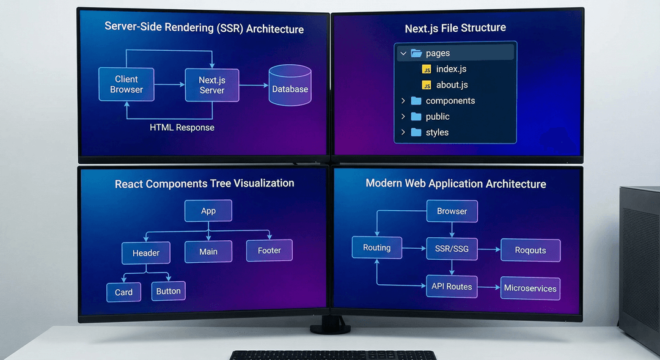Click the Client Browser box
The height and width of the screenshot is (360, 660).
(127, 84)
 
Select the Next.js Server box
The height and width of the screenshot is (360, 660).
(212, 85)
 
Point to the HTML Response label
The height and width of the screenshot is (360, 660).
(182, 128)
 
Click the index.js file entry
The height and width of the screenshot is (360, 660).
(451, 69)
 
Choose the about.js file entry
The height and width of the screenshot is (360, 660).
(452, 85)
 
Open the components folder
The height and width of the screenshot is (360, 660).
(450, 101)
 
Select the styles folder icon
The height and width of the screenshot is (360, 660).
(416, 132)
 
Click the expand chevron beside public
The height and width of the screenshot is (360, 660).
(403, 116)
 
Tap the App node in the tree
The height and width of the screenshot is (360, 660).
(208, 211)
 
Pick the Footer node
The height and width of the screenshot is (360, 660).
(269, 250)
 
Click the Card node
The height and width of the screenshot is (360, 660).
(123, 292)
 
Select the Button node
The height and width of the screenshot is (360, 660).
(168, 291)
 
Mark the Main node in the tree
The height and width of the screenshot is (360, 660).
(208, 251)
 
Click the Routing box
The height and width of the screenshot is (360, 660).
(376, 248)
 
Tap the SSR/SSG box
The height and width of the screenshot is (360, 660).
(452, 249)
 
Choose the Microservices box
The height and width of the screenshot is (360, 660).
(530, 288)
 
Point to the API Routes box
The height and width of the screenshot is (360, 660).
(452, 286)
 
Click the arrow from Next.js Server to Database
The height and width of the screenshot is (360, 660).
(253, 85)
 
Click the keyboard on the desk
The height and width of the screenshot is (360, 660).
(334, 355)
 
